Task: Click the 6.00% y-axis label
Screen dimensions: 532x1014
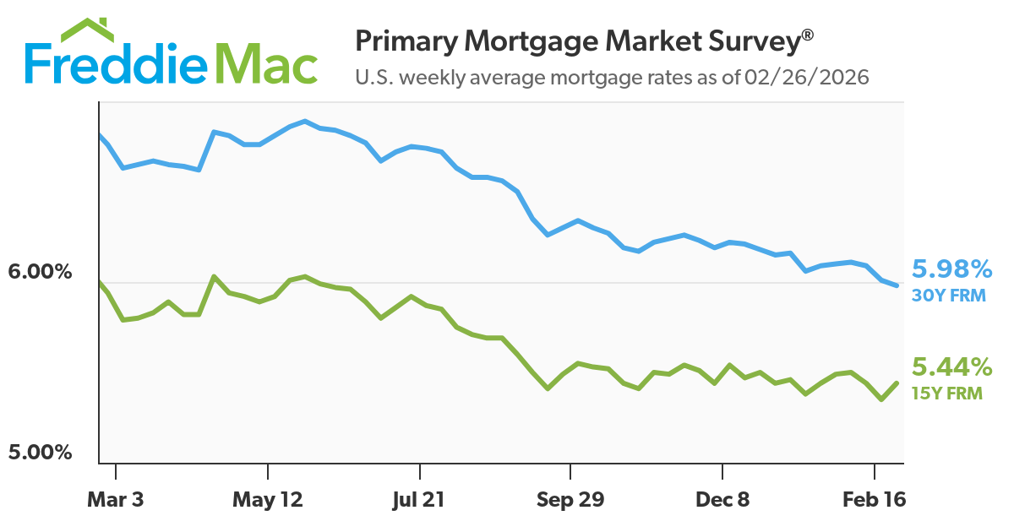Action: (40, 273)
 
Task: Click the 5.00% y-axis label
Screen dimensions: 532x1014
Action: (40, 453)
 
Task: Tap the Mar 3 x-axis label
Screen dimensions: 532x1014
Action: (116, 500)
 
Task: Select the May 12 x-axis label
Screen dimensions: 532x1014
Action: (266, 500)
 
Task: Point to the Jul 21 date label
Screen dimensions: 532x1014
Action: (420, 500)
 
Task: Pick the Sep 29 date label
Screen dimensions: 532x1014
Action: (570, 500)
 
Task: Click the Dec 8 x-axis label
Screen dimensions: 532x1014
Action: (722, 500)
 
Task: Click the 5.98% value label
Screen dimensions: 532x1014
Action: (952, 269)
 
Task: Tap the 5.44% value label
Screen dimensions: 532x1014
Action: (951, 367)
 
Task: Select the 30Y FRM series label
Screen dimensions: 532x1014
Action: (949, 296)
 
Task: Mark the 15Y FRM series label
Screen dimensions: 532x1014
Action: (947, 393)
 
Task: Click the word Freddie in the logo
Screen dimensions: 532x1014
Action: (113, 64)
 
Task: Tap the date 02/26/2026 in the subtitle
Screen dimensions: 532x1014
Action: (806, 78)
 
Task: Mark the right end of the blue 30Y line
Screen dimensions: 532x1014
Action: (896, 285)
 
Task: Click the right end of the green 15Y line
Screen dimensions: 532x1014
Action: (896, 383)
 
